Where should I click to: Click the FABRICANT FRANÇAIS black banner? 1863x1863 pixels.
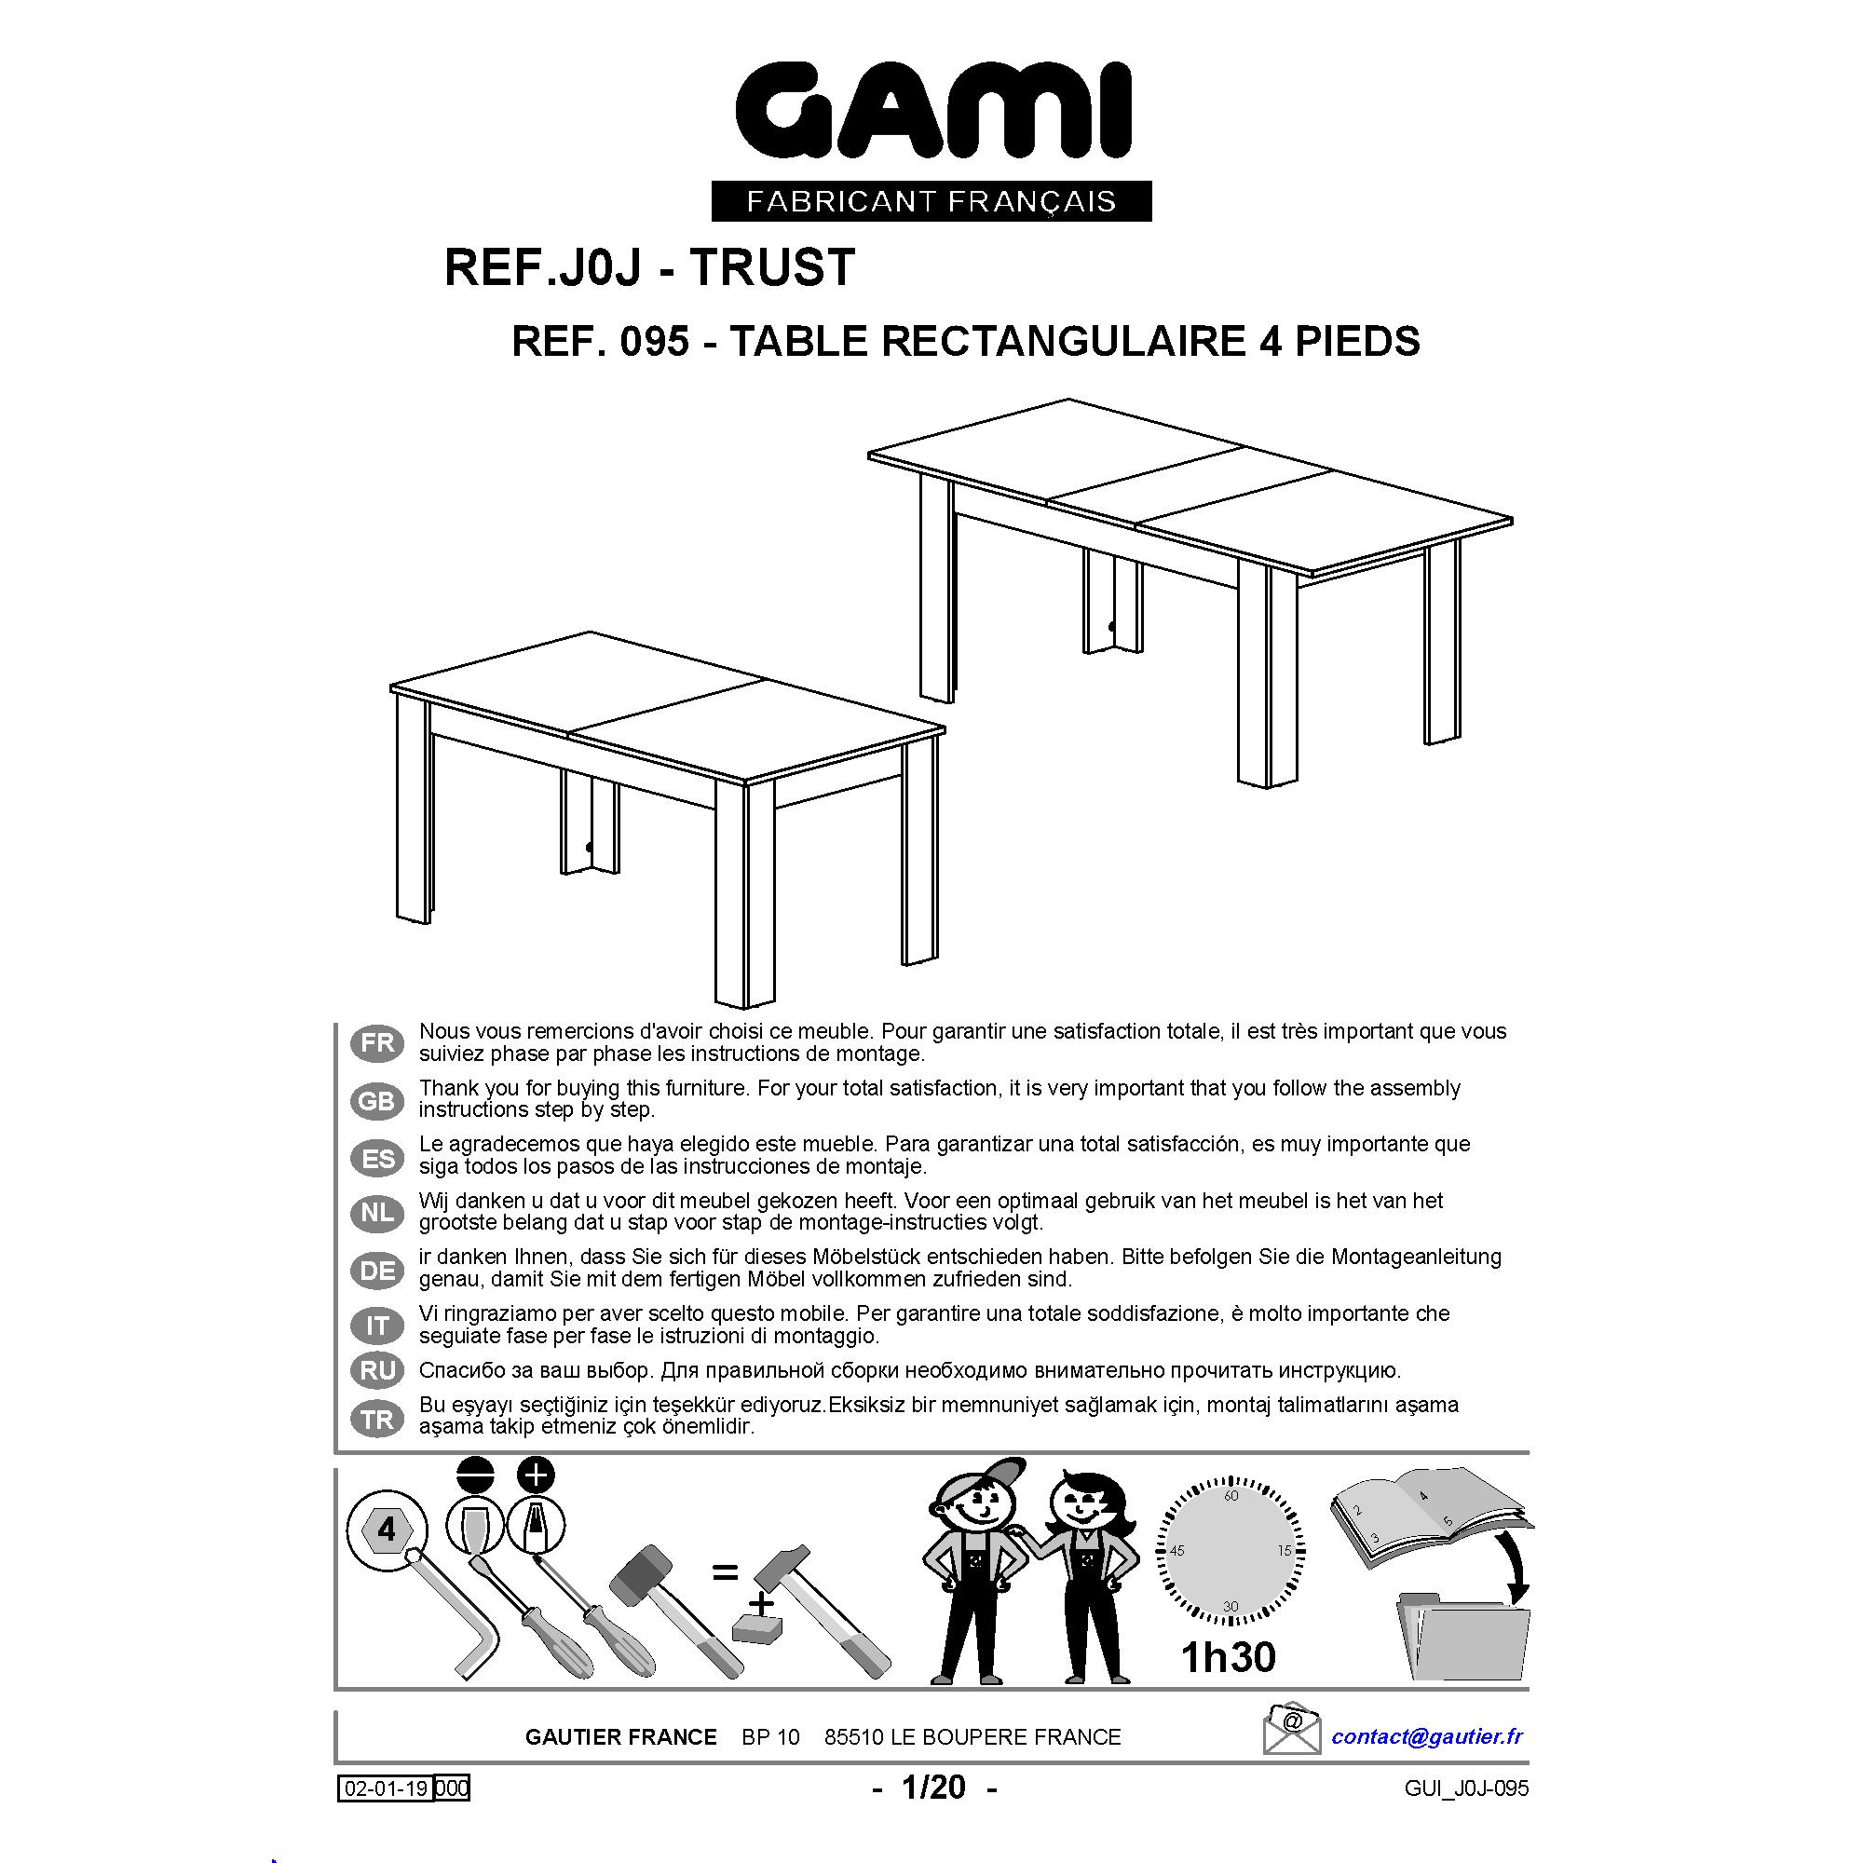point(931,201)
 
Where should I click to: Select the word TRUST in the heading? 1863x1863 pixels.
point(772,267)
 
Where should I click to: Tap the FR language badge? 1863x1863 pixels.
point(378,1043)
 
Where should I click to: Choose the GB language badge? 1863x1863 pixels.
point(378,1100)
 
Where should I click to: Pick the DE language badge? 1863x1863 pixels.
point(378,1270)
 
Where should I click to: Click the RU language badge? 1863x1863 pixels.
point(378,1370)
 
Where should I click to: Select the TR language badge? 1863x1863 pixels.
point(378,1420)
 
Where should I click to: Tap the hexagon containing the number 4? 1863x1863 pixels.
point(387,1530)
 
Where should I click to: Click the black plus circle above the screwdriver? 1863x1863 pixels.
point(537,1475)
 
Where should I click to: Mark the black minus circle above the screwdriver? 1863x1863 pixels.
point(476,1475)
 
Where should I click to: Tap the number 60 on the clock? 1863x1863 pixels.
point(1231,1496)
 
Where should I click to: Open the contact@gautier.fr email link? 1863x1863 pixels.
point(1427,1736)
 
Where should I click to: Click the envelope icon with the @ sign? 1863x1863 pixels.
point(1291,1730)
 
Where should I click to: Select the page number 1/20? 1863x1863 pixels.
point(933,1788)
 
